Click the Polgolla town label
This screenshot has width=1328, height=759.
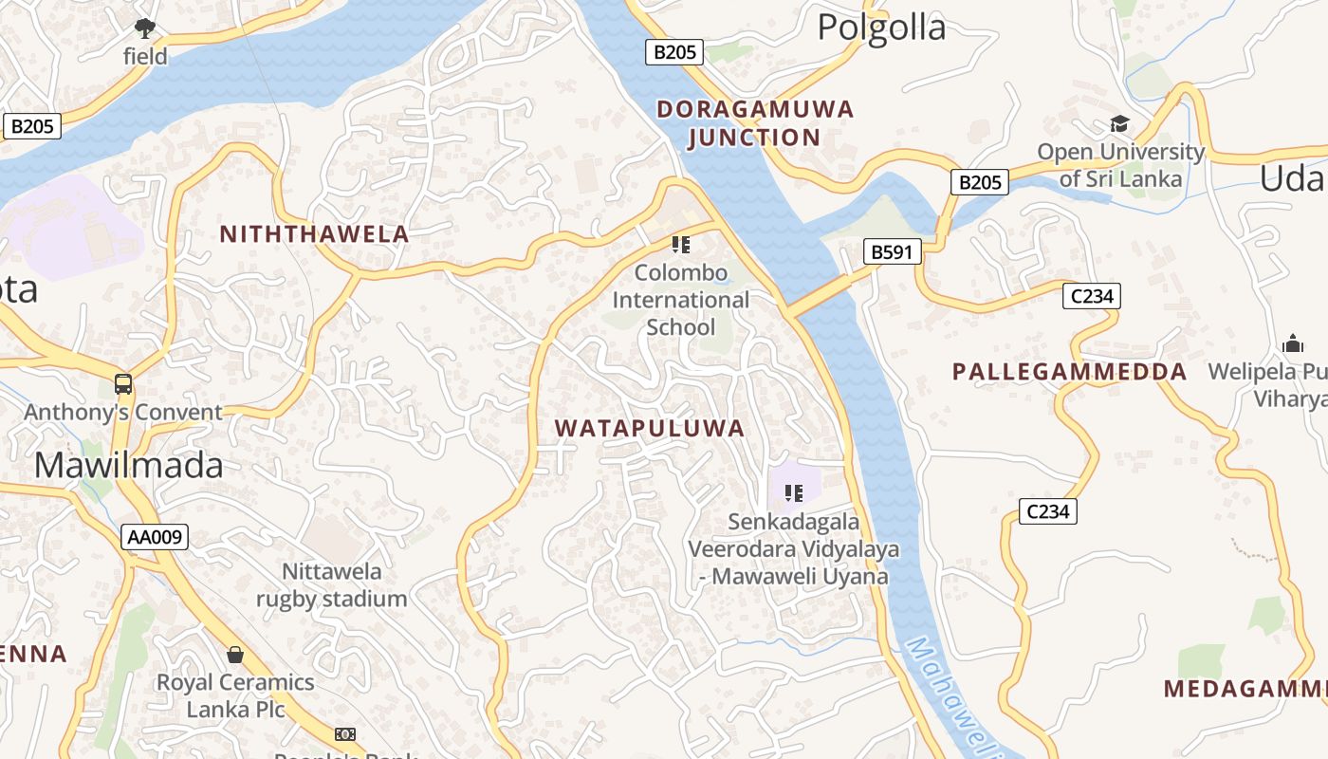click(881, 28)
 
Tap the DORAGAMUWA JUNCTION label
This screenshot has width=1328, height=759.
click(755, 123)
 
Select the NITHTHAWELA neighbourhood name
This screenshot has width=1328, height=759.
click(314, 233)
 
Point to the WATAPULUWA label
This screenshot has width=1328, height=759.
click(650, 428)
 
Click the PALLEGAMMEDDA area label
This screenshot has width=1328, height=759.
click(1069, 372)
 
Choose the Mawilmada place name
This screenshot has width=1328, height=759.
click(129, 465)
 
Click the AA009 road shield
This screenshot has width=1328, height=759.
click(156, 537)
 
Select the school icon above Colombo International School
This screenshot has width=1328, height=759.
click(680, 245)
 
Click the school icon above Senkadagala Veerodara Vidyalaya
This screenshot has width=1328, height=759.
click(794, 492)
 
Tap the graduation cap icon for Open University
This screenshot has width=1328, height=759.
click(1119, 123)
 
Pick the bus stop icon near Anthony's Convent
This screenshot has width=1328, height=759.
click(123, 384)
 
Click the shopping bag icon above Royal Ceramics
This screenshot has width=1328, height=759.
click(235, 655)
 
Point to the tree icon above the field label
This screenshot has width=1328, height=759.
click(144, 28)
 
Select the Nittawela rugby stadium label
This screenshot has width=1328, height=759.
click(331, 584)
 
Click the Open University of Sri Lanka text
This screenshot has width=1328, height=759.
click(1120, 165)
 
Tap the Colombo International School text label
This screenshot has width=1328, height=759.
click(680, 300)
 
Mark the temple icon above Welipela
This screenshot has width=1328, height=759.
click(1292, 343)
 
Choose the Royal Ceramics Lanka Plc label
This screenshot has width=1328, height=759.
click(235, 695)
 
